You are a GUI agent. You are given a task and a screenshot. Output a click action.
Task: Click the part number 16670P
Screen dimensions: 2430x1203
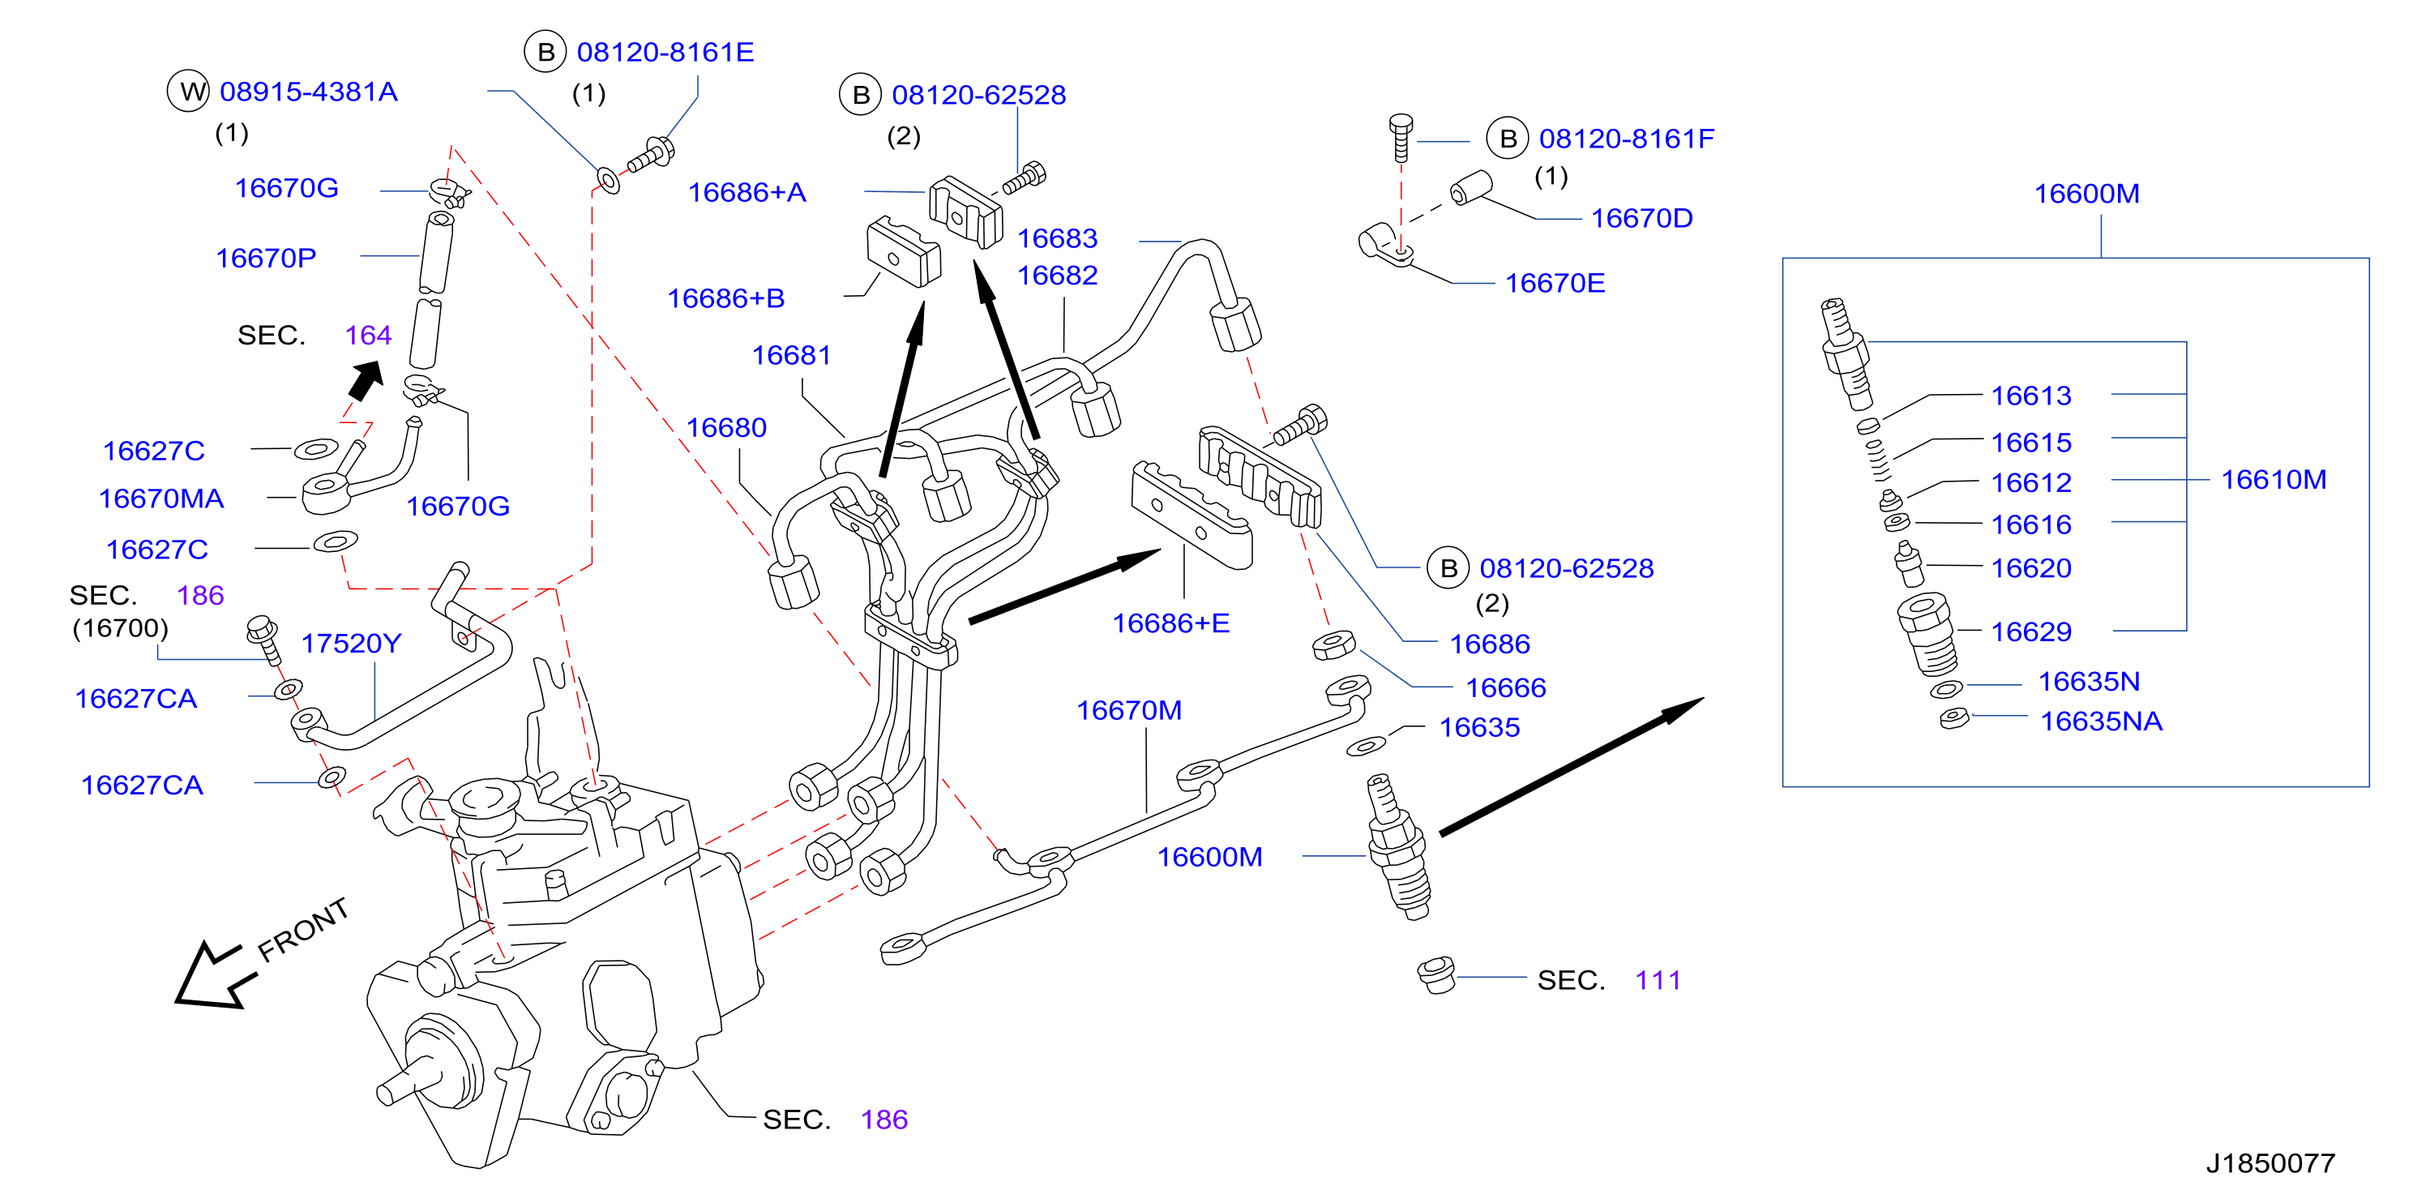[266, 258]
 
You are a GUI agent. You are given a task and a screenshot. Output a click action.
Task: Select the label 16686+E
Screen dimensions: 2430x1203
[1170, 623]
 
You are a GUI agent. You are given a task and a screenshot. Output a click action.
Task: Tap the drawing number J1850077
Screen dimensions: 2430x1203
[2270, 1162]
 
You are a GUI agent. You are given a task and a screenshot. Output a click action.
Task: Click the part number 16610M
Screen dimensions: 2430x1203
[2274, 479]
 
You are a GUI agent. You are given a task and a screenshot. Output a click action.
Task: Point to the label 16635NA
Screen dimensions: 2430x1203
[2101, 721]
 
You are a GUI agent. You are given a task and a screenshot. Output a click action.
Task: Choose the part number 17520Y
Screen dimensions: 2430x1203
[351, 643]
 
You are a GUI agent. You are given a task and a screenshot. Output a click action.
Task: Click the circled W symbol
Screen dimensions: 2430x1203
[189, 92]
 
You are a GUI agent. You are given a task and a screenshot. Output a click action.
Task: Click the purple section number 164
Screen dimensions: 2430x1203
[368, 335]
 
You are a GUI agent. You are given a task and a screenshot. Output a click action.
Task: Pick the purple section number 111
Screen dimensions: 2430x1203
[1658, 980]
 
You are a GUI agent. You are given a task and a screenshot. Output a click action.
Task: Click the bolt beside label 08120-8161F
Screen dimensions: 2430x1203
[1401, 138]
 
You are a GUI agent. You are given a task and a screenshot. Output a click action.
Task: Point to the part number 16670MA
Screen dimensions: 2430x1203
[161, 499]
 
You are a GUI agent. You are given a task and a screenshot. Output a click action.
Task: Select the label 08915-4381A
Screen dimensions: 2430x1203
[309, 92]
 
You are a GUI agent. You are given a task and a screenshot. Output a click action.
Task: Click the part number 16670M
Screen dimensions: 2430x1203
[1129, 709]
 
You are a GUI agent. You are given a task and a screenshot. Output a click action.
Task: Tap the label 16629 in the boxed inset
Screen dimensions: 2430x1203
[2031, 631]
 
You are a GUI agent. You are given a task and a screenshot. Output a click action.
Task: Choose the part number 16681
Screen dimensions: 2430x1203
[791, 355]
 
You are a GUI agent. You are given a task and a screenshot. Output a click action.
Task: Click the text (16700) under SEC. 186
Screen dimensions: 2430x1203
[120, 627]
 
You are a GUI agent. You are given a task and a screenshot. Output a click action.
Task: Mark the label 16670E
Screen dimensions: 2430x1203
[1555, 283]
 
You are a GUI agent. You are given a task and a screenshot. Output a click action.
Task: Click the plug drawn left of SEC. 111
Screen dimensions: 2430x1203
[1436, 974]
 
